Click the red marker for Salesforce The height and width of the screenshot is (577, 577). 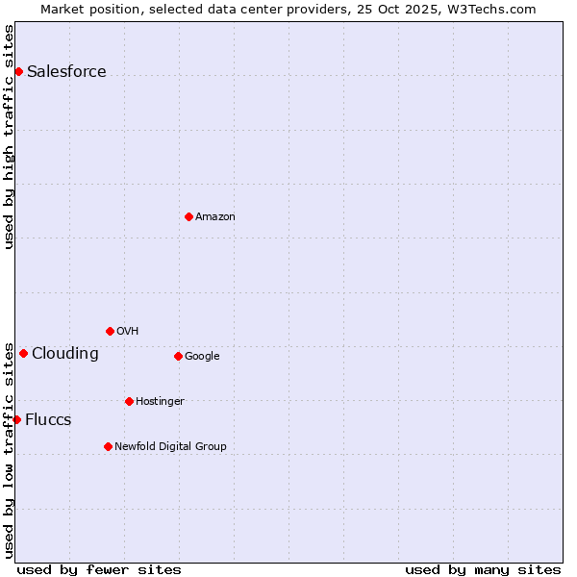(18, 71)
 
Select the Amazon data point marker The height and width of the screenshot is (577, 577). (188, 216)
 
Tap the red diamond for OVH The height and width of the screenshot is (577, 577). (110, 331)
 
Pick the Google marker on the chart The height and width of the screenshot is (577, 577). (178, 356)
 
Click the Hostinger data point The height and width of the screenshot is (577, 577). (129, 401)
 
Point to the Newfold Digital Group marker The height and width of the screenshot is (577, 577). (108, 446)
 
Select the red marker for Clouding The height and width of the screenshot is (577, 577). (23, 353)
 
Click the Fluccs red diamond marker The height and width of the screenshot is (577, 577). (16, 419)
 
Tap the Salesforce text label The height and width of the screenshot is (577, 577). (66, 72)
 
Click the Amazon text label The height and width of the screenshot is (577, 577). (215, 217)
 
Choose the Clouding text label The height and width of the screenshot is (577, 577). (64, 354)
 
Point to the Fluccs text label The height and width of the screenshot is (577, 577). (48, 420)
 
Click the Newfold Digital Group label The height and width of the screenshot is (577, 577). (170, 446)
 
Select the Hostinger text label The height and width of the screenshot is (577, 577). (160, 402)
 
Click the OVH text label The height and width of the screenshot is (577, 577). (128, 332)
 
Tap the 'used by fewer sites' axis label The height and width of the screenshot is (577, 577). (99, 569)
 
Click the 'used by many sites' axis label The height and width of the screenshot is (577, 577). (483, 569)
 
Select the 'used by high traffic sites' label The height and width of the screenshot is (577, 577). (9, 137)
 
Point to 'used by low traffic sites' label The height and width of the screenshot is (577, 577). (9, 449)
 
